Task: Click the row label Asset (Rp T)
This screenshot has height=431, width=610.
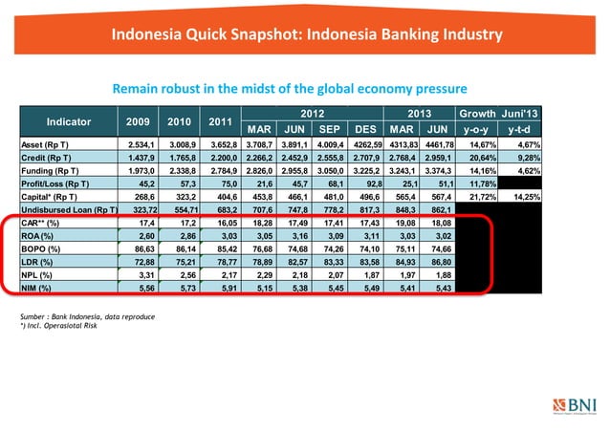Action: [42, 145]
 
